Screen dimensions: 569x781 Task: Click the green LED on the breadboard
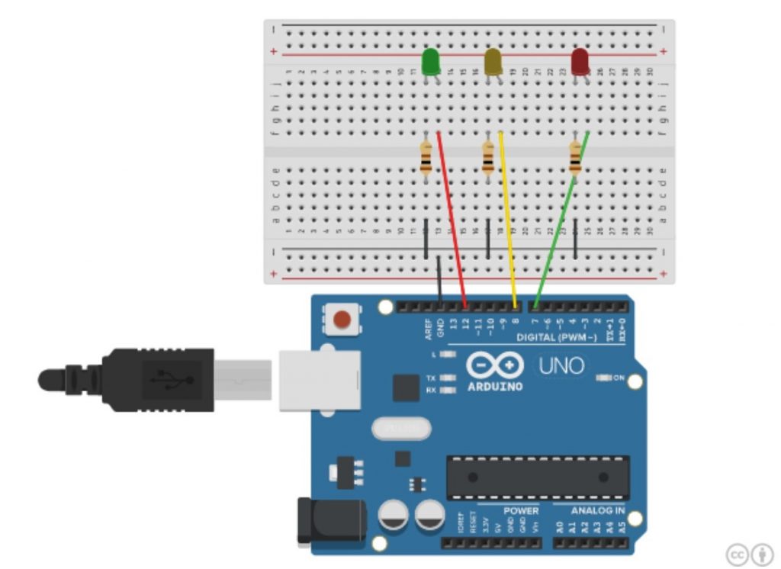click(x=430, y=61)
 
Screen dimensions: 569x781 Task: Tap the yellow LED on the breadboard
click(x=493, y=61)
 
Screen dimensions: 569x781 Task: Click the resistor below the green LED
click(x=426, y=159)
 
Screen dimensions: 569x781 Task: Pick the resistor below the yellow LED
click(x=488, y=159)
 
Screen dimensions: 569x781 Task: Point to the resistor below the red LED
click(x=575, y=159)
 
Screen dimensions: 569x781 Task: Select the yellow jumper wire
click(x=508, y=221)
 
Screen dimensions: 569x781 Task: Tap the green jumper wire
click(x=561, y=221)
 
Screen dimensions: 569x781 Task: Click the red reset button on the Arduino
click(x=343, y=319)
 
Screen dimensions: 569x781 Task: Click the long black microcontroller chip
click(x=538, y=477)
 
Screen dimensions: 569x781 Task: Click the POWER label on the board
click(x=521, y=510)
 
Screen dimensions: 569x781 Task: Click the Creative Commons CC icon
click(x=738, y=554)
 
